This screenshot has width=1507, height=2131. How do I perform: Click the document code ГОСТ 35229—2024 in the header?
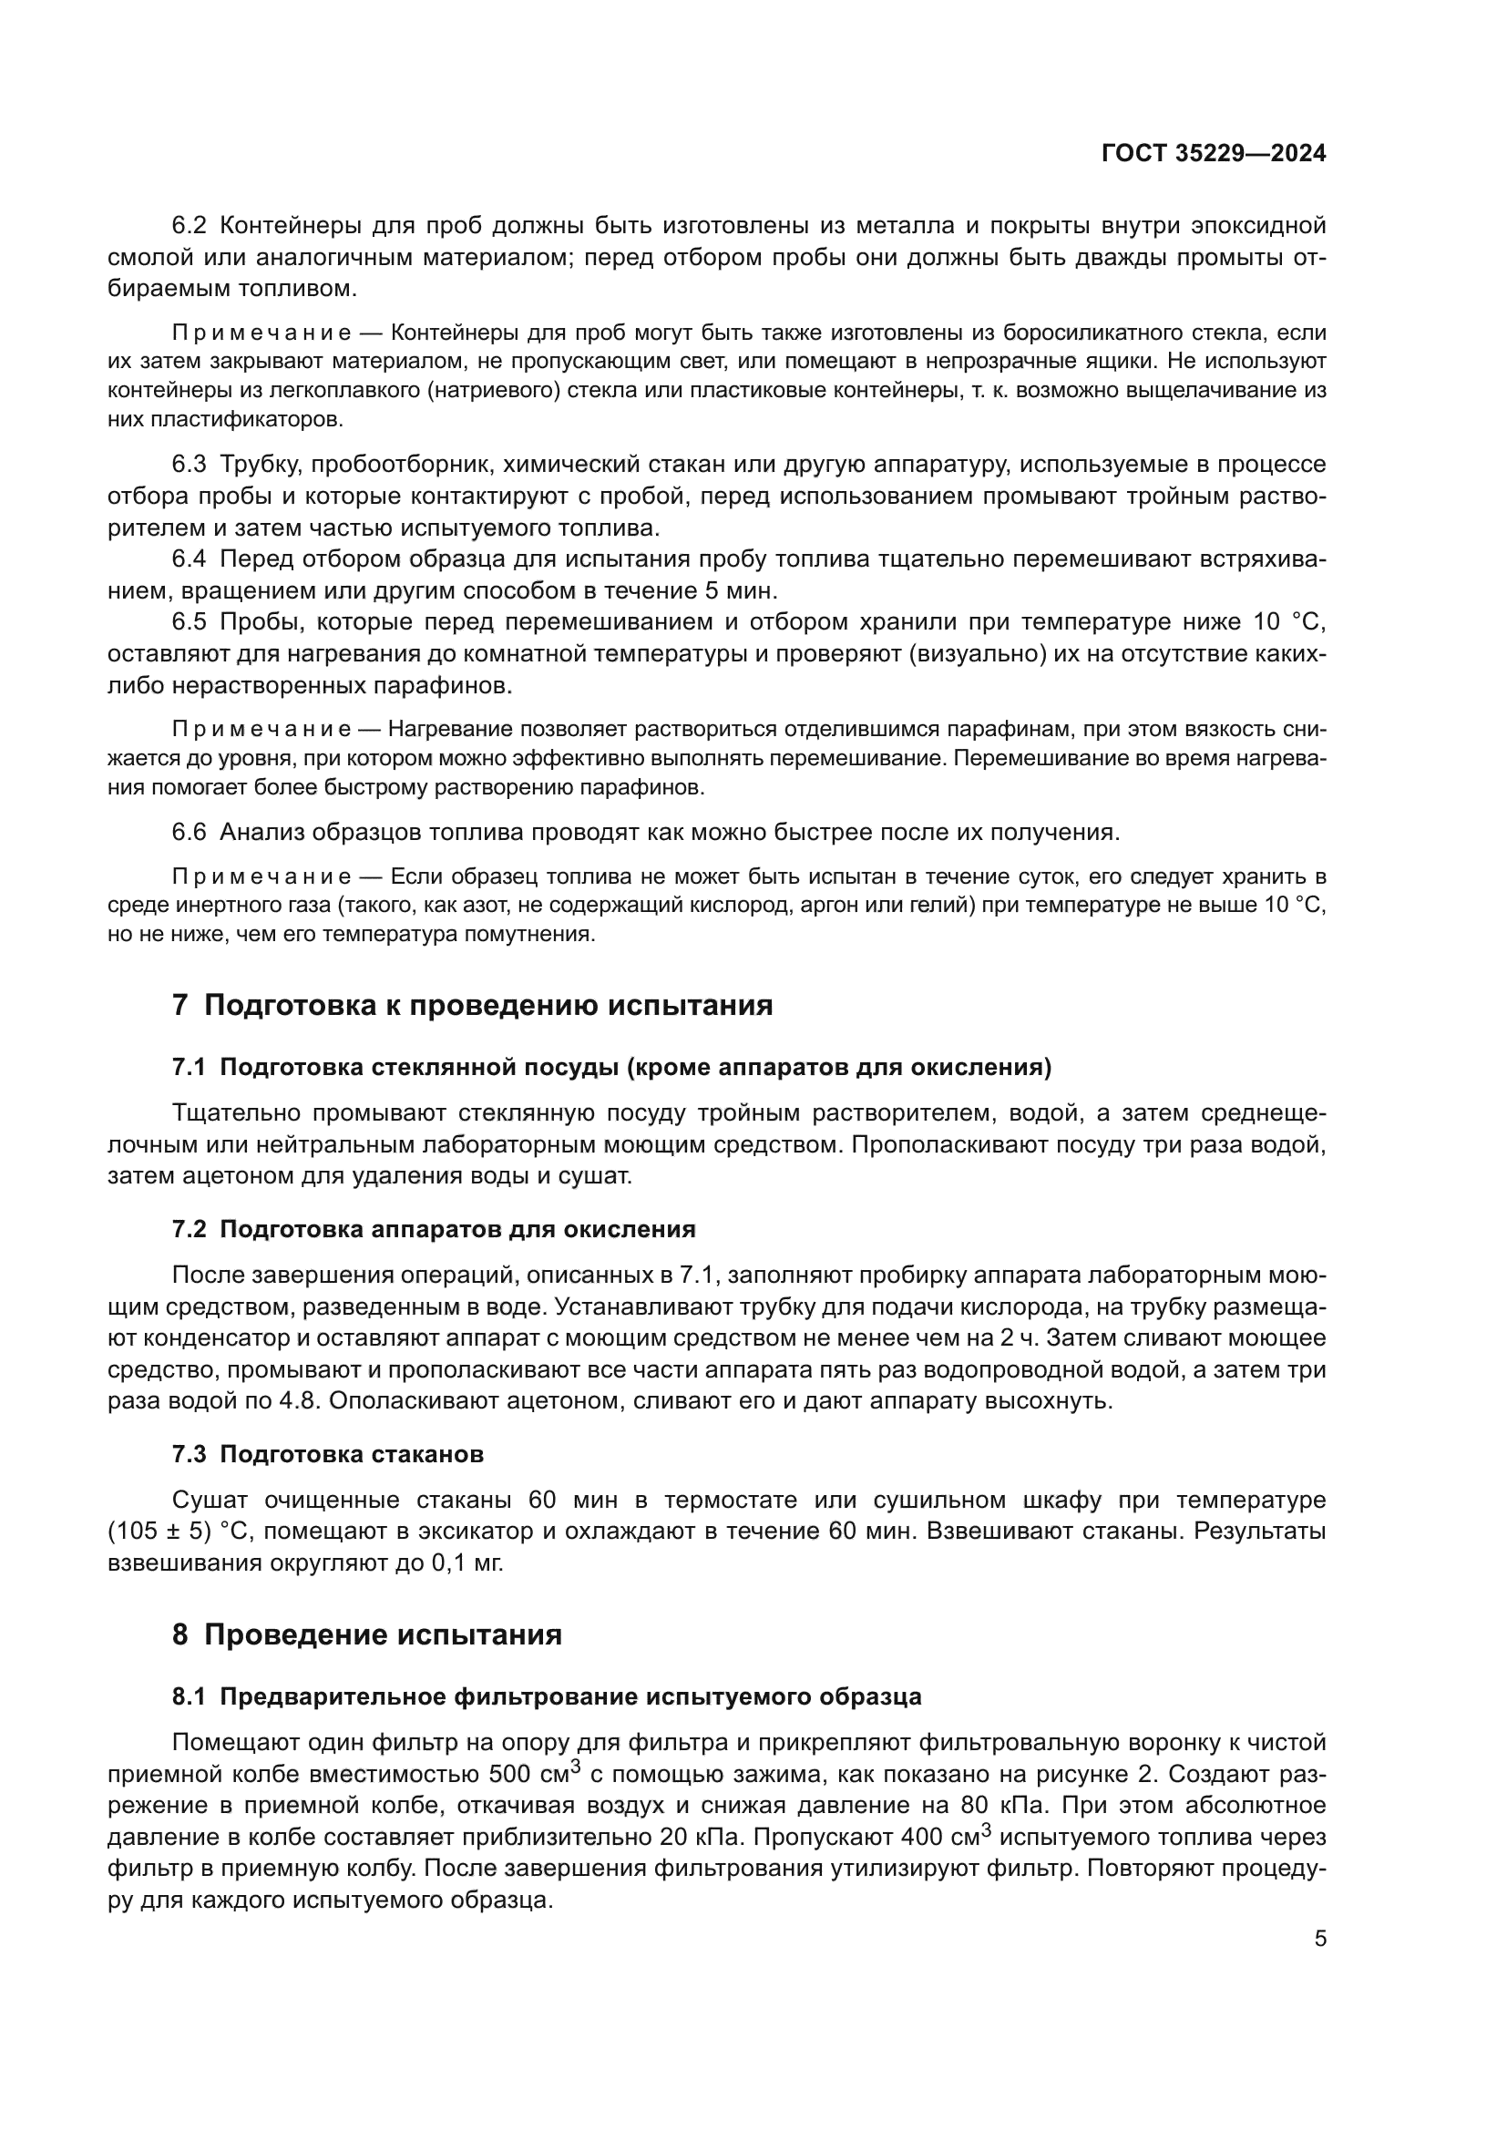coord(1213,154)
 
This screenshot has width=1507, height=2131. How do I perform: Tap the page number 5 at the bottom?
coord(1320,1939)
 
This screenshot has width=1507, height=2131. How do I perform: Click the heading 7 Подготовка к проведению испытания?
coord(472,1005)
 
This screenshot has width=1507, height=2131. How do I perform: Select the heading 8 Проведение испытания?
coord(367,1634)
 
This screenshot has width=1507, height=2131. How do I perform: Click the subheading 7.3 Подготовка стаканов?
coord(328,1453)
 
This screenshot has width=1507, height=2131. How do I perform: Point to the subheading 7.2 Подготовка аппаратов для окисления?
coord(434,1229)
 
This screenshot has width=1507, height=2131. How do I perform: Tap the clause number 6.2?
coord(190,226)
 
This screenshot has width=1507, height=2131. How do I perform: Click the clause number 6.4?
coord(190,558)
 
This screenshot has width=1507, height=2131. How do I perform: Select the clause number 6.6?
coord(190,832)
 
